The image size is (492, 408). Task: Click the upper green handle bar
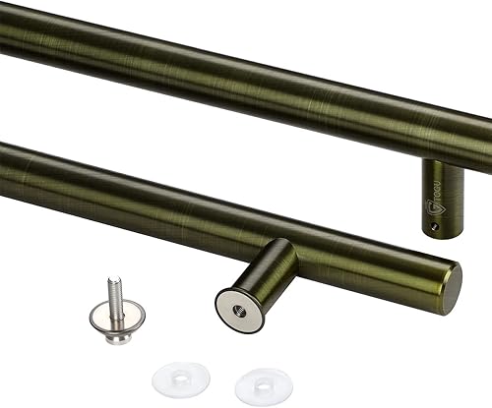point(246,79)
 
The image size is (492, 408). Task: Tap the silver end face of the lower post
point(239,308)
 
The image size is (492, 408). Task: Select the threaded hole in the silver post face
point(239,308)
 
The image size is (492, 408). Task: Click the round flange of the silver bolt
point(109,316)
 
